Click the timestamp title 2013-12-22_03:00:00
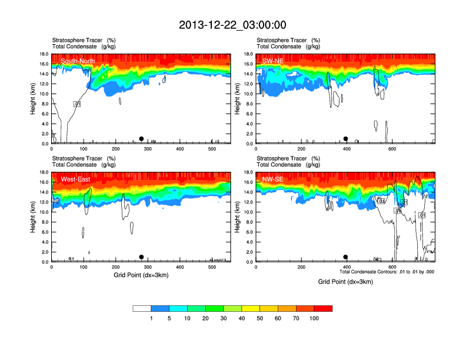[232, 25]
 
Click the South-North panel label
[78, 61]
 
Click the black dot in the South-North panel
[141, 139]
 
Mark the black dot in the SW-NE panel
[346, 139]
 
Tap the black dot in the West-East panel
[141, 257]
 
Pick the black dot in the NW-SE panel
[346, 257]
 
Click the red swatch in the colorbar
[323, 308]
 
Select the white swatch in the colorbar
[142, 308]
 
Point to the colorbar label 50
[260, 318]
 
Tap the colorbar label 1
[151, 318]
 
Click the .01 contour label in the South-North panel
[76, 104]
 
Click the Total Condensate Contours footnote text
[387, 272]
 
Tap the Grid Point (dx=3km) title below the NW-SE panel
[345, 282]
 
